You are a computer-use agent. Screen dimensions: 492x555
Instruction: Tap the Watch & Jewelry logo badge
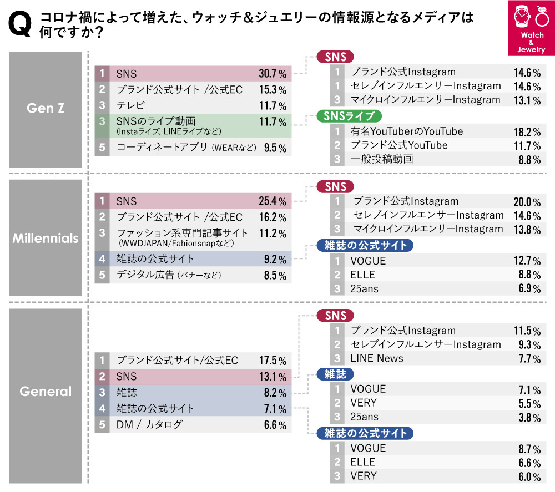(x=531, y=28)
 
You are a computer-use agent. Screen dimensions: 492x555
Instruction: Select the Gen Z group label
(x=46, y=108)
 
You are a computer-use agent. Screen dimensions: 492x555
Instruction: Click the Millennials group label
(x=46, y=239)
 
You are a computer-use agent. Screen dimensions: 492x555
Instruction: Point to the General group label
(x=46, y=391)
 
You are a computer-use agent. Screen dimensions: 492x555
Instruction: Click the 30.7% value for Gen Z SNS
(x=273, y=74)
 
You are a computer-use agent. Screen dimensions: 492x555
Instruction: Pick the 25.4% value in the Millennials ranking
(x=273, y=201)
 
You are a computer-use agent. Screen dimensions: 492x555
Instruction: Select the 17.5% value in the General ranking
(x=273, y=361)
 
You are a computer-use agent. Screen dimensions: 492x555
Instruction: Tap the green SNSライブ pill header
(x=349, y=116)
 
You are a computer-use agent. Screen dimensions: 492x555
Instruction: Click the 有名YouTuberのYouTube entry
(x=406, y=131)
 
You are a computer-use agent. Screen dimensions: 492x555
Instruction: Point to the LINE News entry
(x=377, y=358)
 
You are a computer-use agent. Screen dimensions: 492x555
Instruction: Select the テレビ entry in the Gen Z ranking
(x=130, y=105)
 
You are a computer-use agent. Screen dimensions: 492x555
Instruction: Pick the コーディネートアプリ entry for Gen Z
(x=178, y=148)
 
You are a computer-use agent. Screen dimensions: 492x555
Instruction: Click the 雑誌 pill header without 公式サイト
(x=335, y=374)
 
